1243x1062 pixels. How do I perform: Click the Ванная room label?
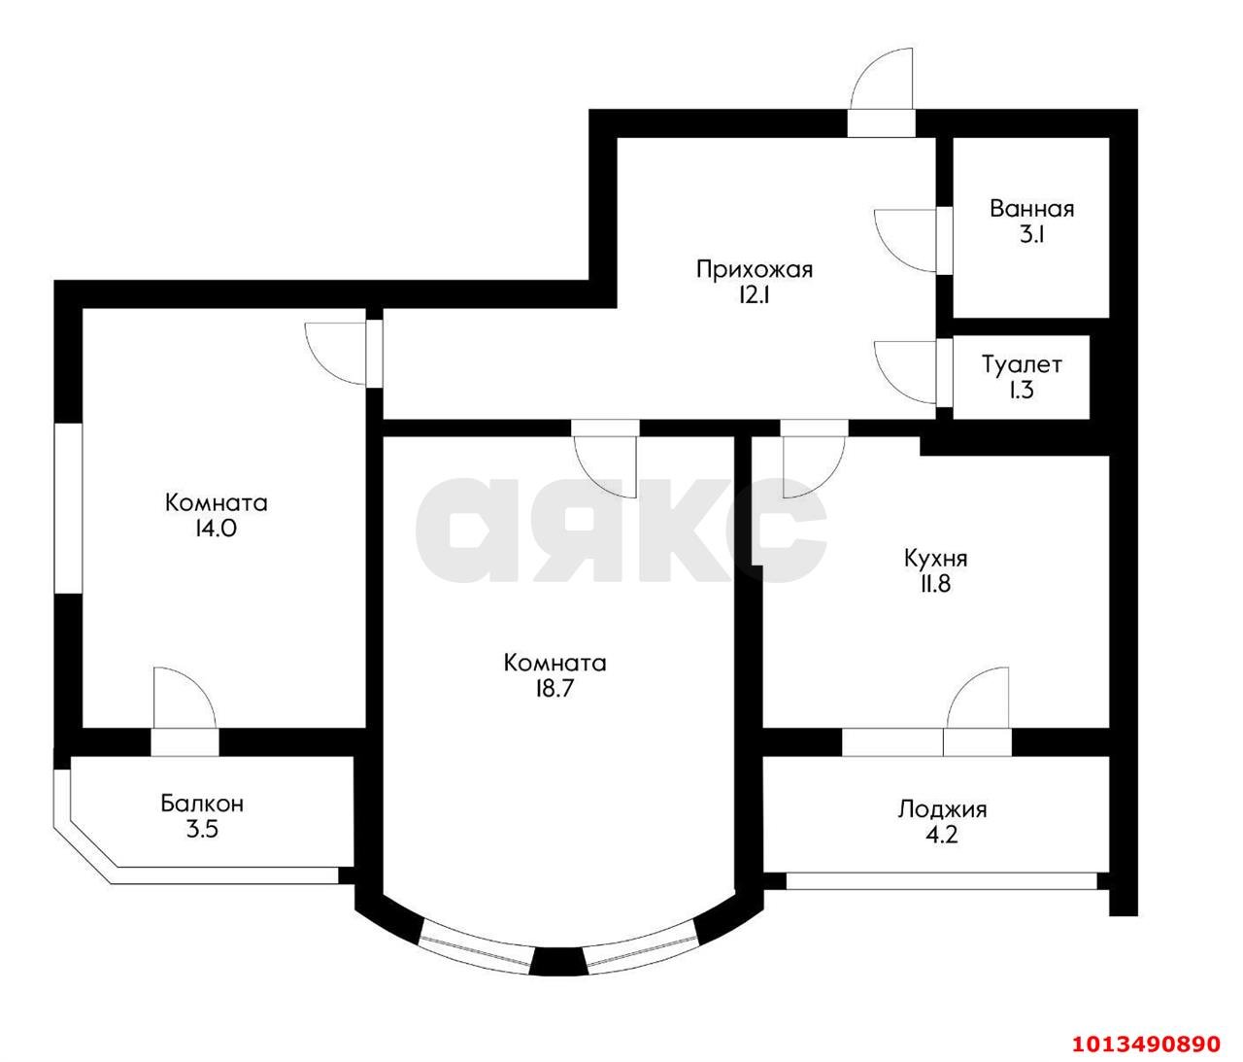(x=1031, y=209)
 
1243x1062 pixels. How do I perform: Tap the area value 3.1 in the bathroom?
(x=1031, y=234)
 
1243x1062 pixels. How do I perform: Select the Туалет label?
(x=1022, y=365)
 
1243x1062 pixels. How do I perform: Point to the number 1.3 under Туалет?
(x=1022, y=391)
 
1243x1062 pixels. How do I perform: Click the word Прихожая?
(x=754, y=269)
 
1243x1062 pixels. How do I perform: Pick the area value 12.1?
(x=754, y=295)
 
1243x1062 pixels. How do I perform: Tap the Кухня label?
(x=935, y=559)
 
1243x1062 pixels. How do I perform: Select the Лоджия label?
(x=942, y=808)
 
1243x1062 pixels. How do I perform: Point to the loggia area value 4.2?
(x=942, y=835)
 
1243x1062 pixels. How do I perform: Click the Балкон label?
(x=202, y=804)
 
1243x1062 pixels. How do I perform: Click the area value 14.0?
(x=216, y=530)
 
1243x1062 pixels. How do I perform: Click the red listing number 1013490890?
(x=1145, y=1044)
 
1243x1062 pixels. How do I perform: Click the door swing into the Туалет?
(x=905, y=371)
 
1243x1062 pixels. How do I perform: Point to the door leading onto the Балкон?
(x=183, y=702)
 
